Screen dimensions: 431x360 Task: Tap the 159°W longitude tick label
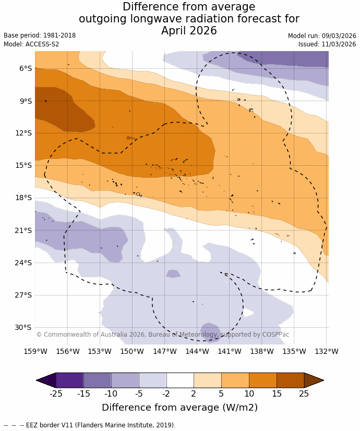(35, 351)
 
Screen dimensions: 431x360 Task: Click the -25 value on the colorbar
(56, 393)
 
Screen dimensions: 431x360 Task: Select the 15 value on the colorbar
(277, 393)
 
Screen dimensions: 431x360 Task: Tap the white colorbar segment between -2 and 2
(180, 380)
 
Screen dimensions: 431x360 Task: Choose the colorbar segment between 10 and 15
(262, 380)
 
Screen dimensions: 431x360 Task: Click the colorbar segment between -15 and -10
(97, 380)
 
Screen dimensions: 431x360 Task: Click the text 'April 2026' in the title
(189, 31)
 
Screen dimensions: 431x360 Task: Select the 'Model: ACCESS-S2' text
(31, 44)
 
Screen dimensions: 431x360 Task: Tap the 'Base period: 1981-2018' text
(40, 35)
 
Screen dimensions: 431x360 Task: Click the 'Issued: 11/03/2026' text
(327, 44)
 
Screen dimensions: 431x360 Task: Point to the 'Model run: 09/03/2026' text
(322, 36)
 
